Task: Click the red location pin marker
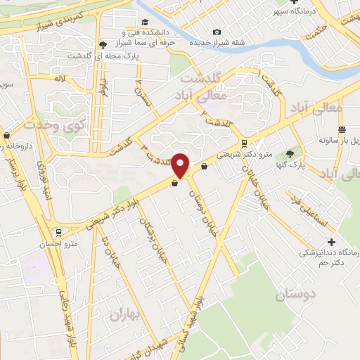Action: pyautogui.click(x=181, y=165)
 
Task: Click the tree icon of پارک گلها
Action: pyautogui.click(x=290, y=153)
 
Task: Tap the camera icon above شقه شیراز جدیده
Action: pyautogui.click(x=217, y=32)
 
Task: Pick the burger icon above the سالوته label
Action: pyautogui.click(x=342, y=129)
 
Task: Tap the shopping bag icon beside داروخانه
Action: pyautogui.click(x=7, y=134)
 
